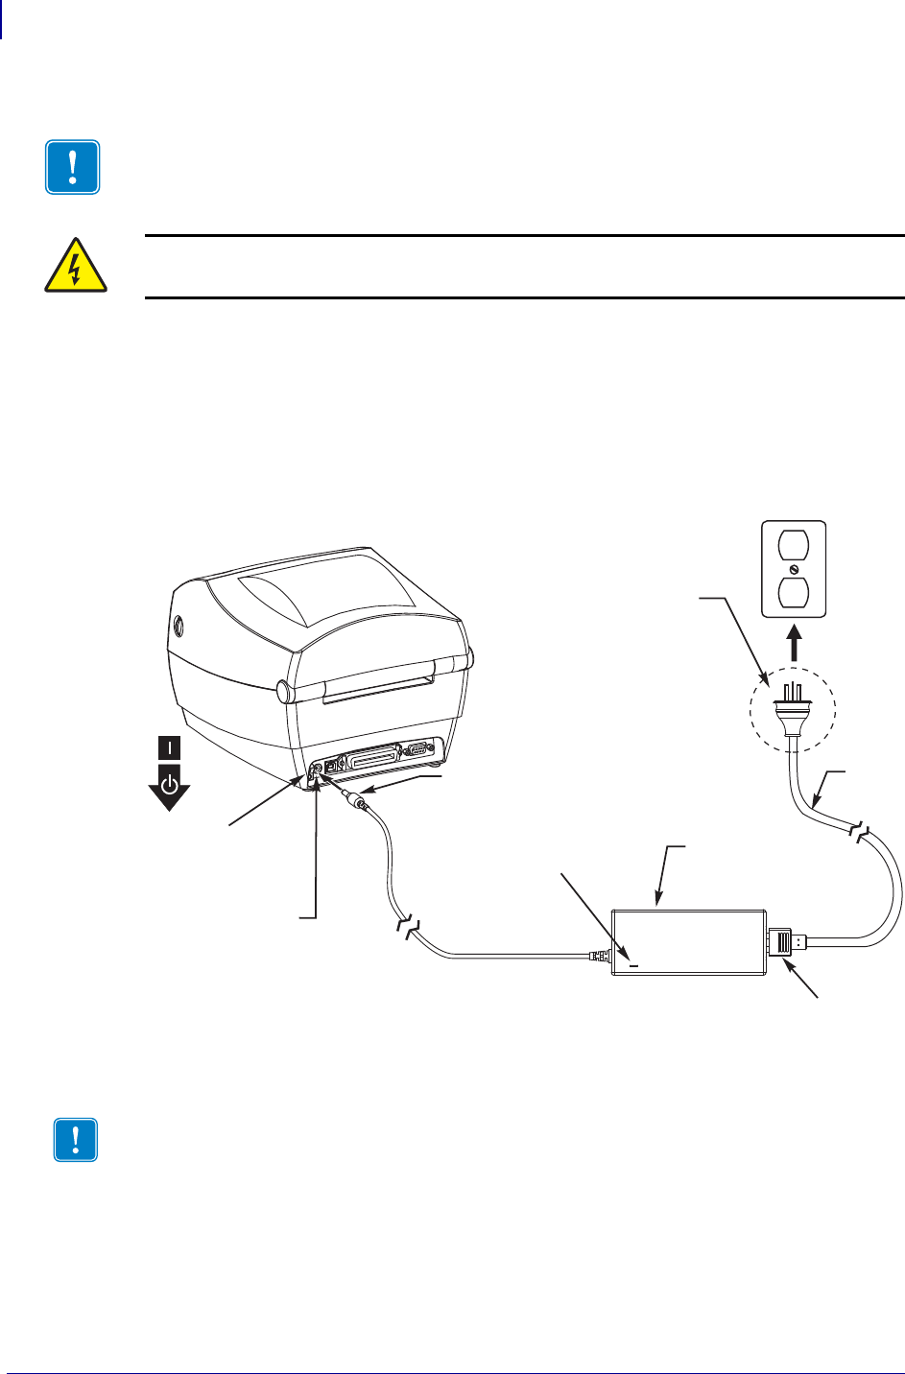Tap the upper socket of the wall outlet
(793, 548)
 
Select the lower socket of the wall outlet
(793, 591)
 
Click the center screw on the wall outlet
(793, 569)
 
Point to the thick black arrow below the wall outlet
(793, 642)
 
